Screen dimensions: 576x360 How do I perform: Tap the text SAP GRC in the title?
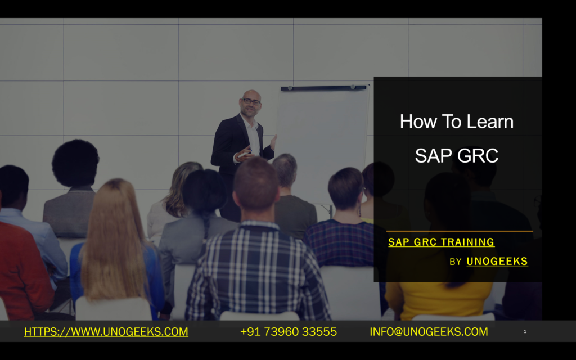(x=457, y=155)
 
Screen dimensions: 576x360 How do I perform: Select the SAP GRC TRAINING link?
(x=441, y=242)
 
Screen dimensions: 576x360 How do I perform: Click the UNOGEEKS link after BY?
(x=497, y=261)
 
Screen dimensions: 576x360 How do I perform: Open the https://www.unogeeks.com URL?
(x=106, y=332)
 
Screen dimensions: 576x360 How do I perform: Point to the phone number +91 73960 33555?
(x=289, y=332)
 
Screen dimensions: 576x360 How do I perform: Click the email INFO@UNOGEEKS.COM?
(x=429, y=332)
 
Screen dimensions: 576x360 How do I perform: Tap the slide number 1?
(x=525, y=331)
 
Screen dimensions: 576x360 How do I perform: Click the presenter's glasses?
(x=251, y=101)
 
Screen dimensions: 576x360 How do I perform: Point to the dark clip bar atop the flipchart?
(x=323, y=88)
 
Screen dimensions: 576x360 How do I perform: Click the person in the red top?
(x=24, y=270)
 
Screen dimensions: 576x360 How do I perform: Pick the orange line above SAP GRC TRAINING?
(x=460, y=231)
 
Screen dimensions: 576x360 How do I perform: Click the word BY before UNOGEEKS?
(x=456, y=262)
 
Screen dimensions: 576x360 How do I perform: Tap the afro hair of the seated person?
(x=75, y=163)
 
